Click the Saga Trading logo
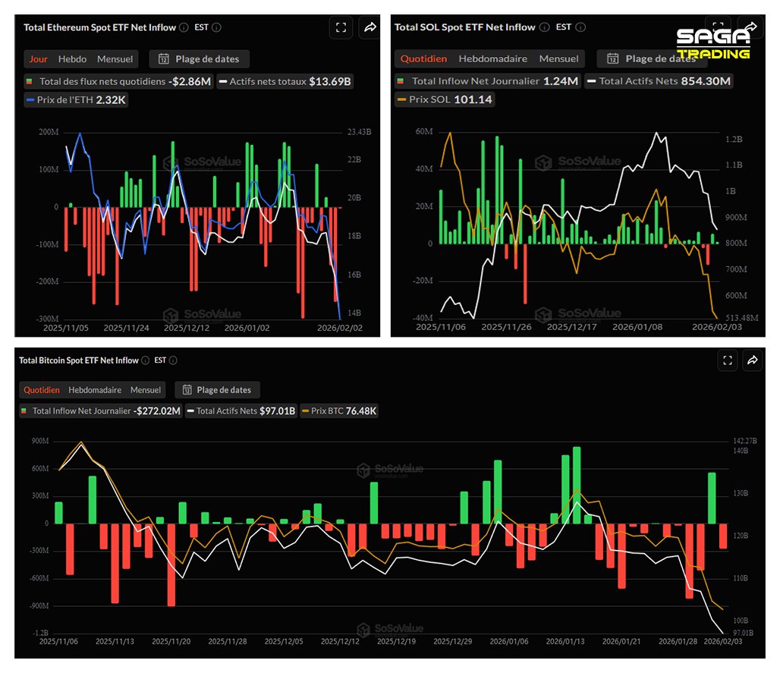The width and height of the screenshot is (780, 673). (712, 43)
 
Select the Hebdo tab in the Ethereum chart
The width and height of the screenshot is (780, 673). (72, 59)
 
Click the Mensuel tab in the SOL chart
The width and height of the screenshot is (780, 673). (558, 59)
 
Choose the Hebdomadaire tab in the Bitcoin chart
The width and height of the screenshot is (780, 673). (95, 390)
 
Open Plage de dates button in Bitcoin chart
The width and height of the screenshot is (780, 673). (217, 390)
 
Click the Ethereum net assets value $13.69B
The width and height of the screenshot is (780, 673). (330, 81)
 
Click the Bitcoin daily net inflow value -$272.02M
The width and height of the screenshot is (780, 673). (157, 411)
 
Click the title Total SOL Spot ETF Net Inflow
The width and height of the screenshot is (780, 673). (464, 27)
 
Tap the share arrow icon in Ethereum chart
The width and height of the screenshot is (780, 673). (370, 27)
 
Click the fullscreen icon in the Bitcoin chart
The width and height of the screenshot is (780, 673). (727, 360)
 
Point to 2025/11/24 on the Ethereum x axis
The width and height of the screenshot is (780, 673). (126, 329)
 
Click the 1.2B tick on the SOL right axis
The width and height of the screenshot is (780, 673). (733, 140)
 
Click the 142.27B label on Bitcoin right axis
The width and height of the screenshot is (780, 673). (743, 441)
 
